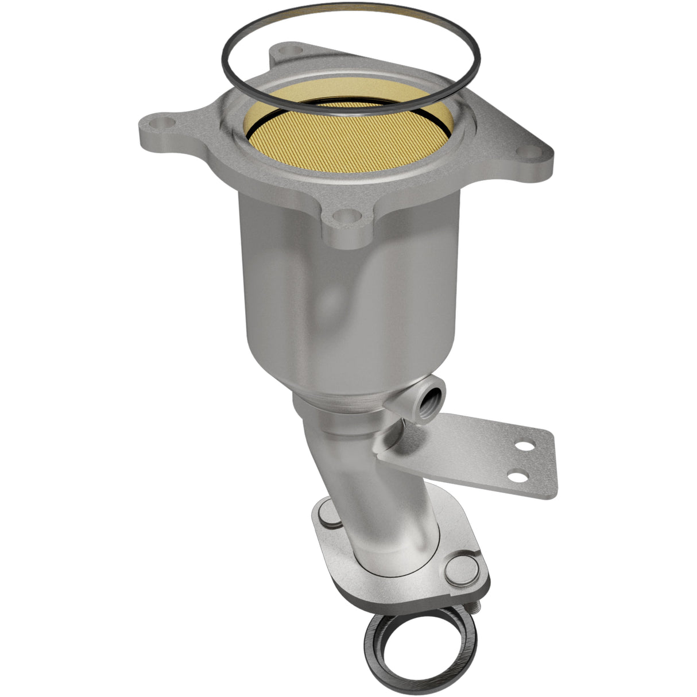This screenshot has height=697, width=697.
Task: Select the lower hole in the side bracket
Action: (518, 476)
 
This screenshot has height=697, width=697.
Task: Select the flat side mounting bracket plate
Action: (471, 459)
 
